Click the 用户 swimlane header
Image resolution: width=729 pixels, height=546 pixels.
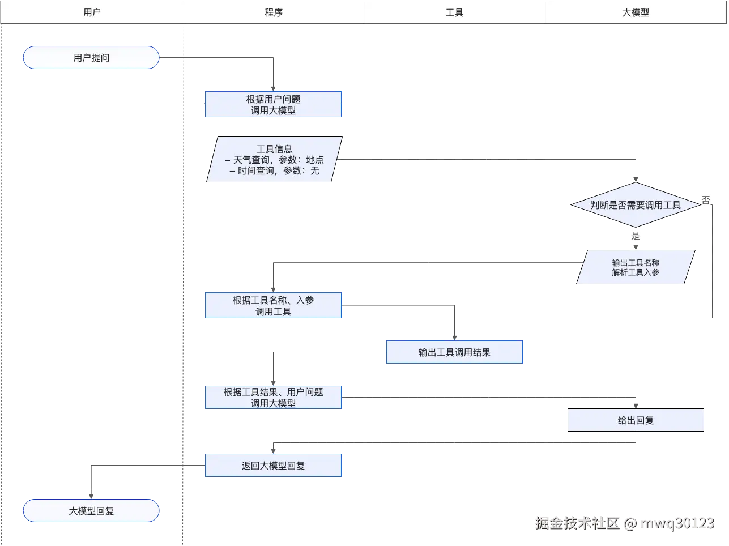[x=92, y=12]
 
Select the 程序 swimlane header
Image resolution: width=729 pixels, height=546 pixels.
[x=274, y=12]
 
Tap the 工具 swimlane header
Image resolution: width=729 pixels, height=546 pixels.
[x=454, y=12]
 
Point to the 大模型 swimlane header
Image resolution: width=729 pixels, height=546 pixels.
[x=636, y=12]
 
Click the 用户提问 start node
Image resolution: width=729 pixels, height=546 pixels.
[x=91, y=58]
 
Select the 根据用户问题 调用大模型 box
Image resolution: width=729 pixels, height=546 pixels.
[x=274, y=105]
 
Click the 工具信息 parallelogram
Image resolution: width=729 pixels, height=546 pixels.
[x=274, y=160]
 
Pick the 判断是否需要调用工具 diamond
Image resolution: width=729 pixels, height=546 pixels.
[x=636, y=205]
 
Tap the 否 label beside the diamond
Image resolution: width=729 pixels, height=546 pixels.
[x=706, y=200]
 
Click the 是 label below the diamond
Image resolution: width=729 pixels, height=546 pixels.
[x=636, y=236]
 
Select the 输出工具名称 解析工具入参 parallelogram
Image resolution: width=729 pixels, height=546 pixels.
[x=636, y=267]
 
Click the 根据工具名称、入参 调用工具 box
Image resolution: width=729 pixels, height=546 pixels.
[x=274, y=306]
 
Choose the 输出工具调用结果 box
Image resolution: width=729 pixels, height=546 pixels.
[x=454, y=352]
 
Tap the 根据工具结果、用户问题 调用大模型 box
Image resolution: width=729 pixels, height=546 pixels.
[x=274, y=398]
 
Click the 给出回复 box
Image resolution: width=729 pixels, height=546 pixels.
[x=636, y=420]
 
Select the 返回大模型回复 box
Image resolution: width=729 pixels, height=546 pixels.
[x=274, y=466]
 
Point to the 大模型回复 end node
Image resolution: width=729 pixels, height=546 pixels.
[x=91, y=511]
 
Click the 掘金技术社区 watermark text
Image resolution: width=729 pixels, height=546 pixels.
[x=577, y=522]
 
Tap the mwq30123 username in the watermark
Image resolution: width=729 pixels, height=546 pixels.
[x=677, y=522]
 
